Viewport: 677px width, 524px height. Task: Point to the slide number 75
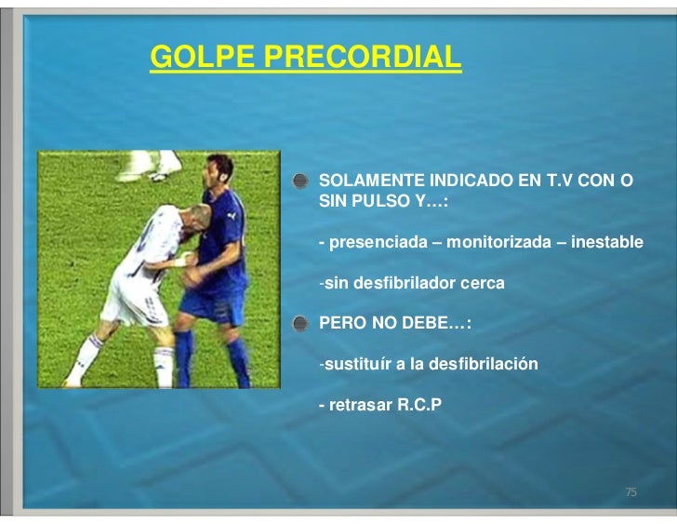click(631, 491)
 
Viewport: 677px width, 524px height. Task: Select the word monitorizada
click(503, 242)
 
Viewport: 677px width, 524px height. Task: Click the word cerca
click(484, 282)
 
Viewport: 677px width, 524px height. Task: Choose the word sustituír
click(357, 363)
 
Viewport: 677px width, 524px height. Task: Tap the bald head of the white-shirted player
click(187, 217)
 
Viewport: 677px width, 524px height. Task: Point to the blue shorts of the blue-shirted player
click(208, 308)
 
